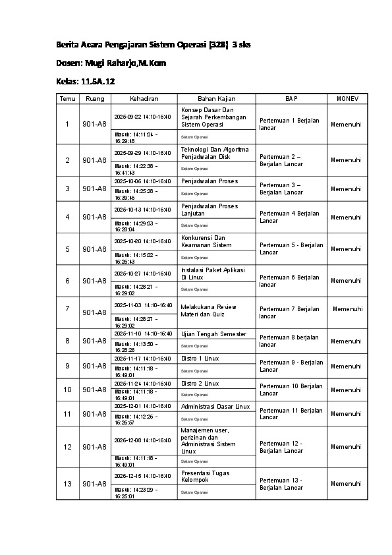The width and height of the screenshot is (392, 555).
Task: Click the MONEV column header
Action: [347, 98]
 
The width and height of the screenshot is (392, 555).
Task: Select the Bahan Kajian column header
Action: [217, 98]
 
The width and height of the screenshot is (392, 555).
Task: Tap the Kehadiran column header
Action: [144, 98]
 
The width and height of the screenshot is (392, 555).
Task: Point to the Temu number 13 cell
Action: [67, 484]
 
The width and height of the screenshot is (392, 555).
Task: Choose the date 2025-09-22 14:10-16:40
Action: [142, 116]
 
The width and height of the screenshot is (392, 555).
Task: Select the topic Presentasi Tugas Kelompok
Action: [204, 477]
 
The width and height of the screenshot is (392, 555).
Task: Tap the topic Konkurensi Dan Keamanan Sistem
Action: [206, 241]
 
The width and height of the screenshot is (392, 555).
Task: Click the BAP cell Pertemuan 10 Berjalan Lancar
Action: [291, 390]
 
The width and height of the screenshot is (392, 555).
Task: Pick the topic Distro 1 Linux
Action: [200, 359]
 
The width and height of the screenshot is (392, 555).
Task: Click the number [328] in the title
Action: [217, 44]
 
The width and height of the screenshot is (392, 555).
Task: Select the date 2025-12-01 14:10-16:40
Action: [142, 407]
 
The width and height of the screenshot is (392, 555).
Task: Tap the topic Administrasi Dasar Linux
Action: [215, 407]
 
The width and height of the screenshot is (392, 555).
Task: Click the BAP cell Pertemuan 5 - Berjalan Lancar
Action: [291, 248]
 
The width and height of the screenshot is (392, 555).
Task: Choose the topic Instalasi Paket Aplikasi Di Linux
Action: [213, 274]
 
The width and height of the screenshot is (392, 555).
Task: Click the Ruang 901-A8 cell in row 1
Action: [94, 124]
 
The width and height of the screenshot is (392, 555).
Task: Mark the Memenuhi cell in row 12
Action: [346, 447]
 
